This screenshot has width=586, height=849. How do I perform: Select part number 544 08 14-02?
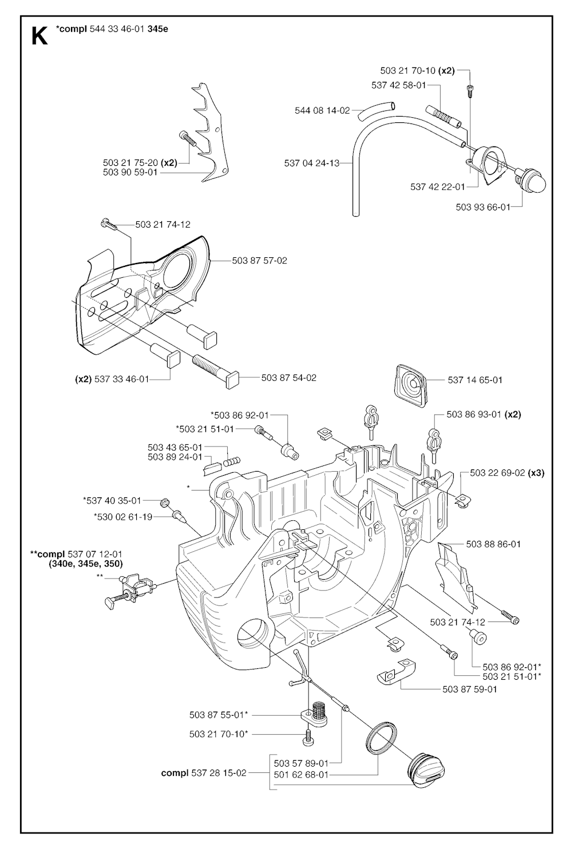coord(322,110)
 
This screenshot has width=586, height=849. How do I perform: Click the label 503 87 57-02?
coord(259,261)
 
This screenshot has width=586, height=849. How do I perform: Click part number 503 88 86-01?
coord(493,544)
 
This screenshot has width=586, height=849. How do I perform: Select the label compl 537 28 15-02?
coord(204,773)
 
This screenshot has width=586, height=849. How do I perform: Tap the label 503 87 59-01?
coord(469,689)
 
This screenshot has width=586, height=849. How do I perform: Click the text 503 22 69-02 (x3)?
coord(507,473)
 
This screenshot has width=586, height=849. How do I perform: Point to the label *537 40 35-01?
coord(112,501)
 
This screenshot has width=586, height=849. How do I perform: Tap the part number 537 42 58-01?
coord(398,85)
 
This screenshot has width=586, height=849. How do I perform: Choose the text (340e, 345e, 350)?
coord(85,563)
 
